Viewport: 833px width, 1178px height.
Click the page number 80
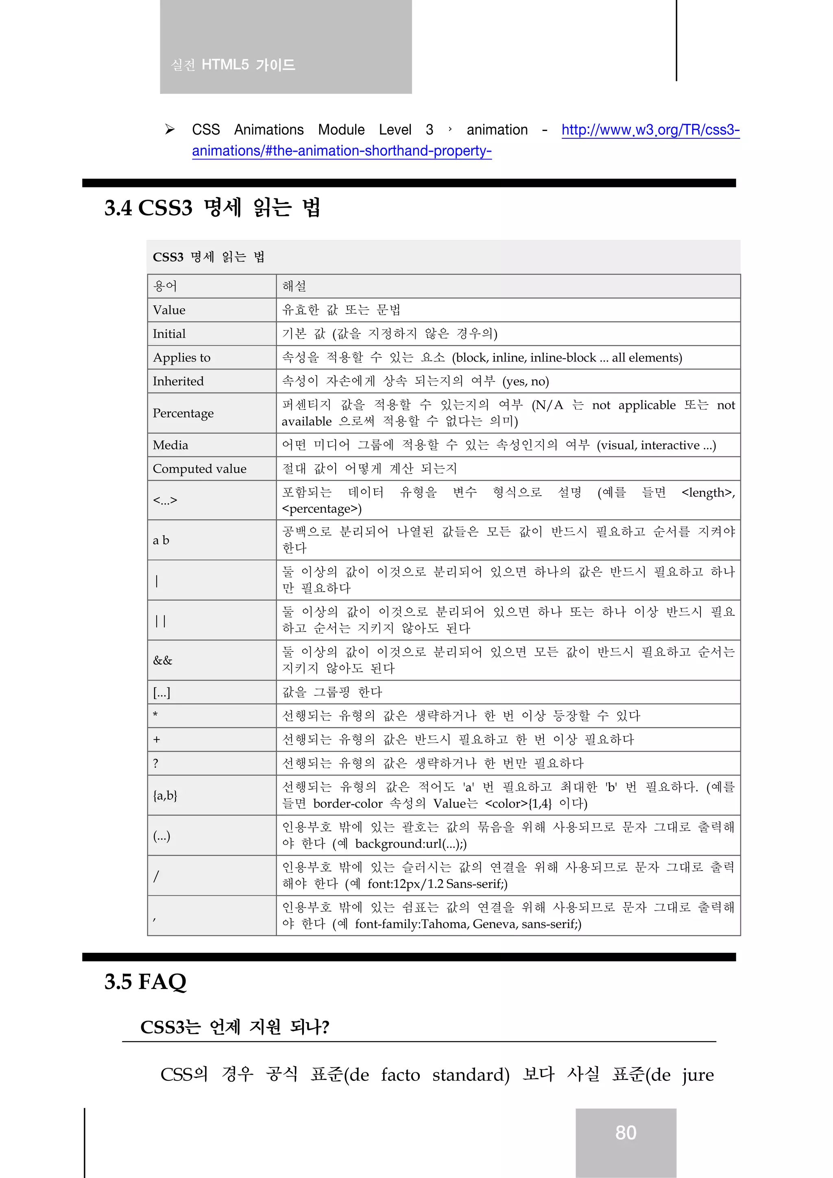point(626,1132)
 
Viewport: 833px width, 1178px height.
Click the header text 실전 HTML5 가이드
point(233,65)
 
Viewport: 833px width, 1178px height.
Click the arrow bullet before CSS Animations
point(170,129)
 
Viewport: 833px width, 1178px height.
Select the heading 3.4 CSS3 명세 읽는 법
point(212,208)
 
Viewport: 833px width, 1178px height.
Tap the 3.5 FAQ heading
point(145,982)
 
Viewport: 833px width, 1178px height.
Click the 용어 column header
point(165,286)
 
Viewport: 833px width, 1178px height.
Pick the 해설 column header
point(294,286)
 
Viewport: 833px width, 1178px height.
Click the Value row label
point(169,310)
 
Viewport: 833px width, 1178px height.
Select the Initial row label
point(169,334)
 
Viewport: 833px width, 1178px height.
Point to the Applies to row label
point(182,357)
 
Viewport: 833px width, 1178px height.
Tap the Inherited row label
point(178,381)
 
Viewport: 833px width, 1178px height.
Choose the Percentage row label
point(183,413)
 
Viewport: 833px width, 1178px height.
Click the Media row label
point(170,445)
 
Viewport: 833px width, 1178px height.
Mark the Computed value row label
point(200,468)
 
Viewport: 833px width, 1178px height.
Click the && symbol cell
point(163,660)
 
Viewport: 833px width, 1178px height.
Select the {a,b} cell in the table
point(165,795)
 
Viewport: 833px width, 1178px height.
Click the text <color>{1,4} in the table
point(518,803)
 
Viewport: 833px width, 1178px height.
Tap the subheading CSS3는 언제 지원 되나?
point(235,1027)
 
